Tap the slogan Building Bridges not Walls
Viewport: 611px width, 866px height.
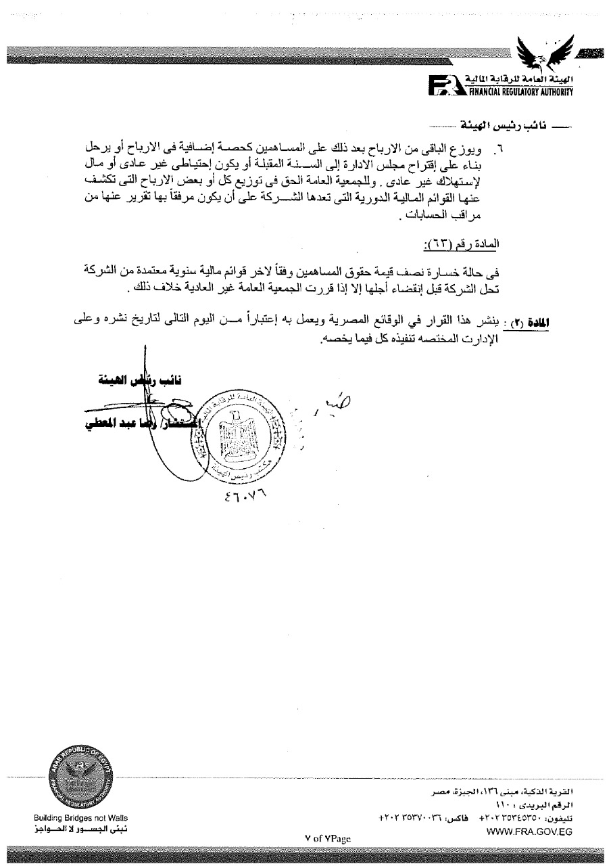coord(80,818)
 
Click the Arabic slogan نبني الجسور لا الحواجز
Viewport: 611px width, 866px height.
coord(80,829)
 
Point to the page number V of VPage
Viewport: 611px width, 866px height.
coord(328,838)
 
